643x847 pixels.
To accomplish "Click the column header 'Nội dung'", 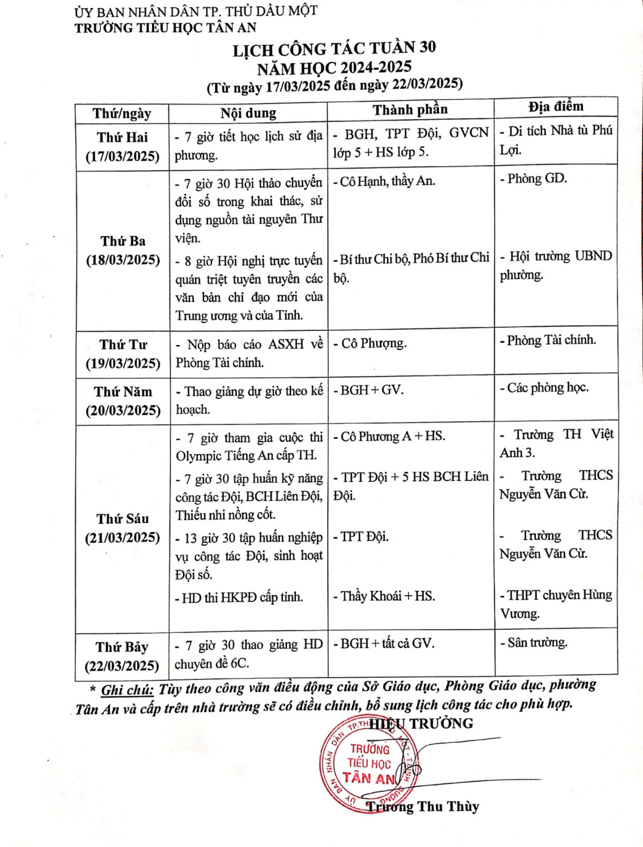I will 248,113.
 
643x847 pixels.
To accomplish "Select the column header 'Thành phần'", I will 410,110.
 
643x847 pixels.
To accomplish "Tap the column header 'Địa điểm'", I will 555,106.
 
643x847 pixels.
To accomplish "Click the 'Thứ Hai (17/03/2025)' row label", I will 122,147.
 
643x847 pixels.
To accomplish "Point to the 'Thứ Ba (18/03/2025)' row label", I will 123,250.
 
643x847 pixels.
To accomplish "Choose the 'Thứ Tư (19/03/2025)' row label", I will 123,353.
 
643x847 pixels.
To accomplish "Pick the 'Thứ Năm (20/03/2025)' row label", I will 123,401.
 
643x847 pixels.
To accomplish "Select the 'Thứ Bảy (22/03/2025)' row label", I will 121,656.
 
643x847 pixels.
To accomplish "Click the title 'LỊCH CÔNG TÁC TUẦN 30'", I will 334,49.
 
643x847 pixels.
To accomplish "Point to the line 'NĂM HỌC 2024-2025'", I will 334,68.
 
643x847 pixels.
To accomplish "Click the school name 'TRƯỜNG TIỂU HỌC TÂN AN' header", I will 165,28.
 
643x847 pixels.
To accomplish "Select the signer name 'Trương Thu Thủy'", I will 423,806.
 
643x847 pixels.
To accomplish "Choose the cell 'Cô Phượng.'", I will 372,343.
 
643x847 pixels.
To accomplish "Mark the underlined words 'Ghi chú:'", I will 127,689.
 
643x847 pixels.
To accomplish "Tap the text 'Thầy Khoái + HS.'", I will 387,596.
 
